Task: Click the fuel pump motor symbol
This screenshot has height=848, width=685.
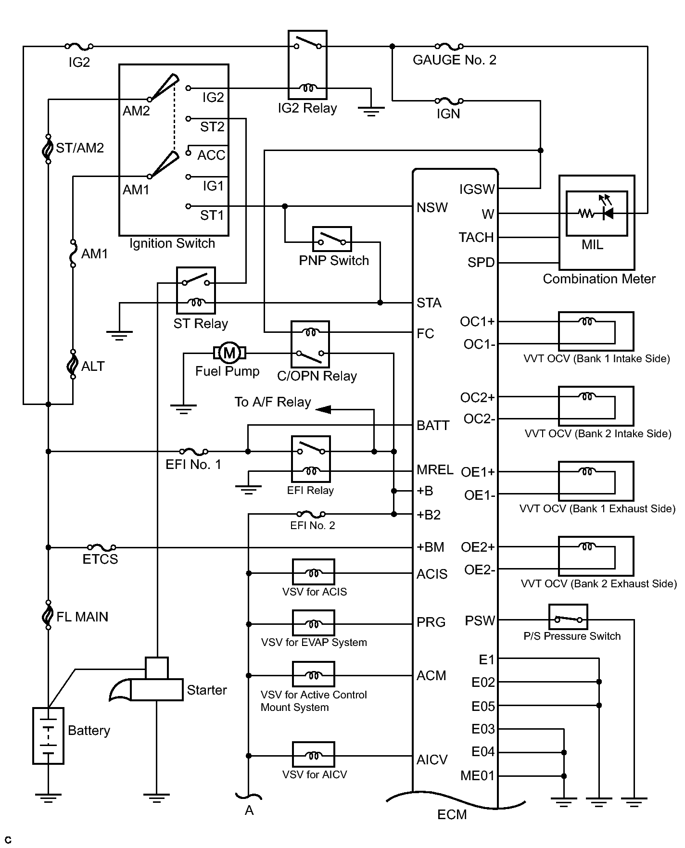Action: [229, 353]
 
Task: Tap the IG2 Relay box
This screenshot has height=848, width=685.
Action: [308, 65]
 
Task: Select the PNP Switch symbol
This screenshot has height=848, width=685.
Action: [332, 239]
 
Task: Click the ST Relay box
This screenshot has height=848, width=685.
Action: [196, 290]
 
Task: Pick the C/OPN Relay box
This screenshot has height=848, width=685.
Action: [310, 344]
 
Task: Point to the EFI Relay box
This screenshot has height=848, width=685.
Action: [311, 459]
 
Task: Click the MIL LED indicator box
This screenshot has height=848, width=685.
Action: [596, 213]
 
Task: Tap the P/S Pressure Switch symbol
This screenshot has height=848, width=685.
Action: [568, 617]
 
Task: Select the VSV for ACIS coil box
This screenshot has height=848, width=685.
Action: [314, 572]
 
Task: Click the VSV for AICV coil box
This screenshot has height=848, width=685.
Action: [314, 755]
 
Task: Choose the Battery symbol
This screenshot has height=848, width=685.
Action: [48, 735]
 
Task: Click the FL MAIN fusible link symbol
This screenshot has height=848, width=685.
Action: [48, 615]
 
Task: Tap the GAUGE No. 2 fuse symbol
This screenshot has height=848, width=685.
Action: [449, 46]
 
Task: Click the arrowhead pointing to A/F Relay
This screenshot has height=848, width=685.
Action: [323, 409]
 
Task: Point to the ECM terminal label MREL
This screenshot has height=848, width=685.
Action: [435, 469]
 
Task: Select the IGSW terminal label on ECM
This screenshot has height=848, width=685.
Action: [477, 189]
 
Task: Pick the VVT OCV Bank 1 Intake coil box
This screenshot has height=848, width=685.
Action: [596, 331]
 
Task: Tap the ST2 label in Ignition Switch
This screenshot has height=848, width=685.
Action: [212, 127]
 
